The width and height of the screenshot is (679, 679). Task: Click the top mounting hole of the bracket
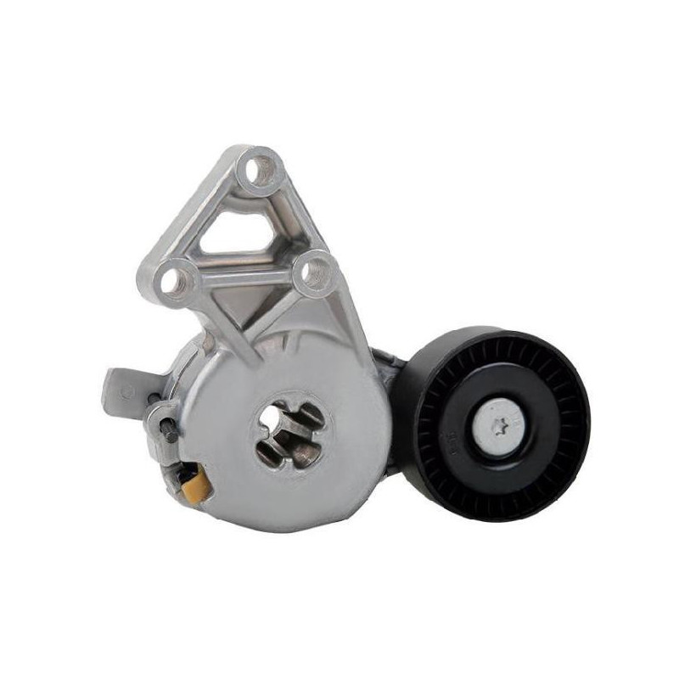click(x=257, y=171)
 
